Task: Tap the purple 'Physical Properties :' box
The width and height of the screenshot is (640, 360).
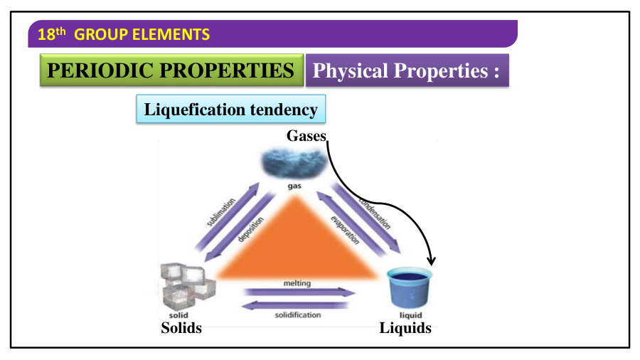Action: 407,71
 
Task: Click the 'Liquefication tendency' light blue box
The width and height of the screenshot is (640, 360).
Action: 230,110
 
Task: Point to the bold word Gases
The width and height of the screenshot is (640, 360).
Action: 306,135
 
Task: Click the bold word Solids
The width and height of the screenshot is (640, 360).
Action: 181,328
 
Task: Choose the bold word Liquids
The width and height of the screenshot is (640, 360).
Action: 405,328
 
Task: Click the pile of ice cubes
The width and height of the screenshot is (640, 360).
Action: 187,285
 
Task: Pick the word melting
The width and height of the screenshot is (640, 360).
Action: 297,283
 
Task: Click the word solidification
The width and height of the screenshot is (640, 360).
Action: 298,314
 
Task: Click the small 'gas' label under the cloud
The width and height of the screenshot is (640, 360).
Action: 294,186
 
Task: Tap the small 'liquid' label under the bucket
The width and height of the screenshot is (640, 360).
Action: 411,315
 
